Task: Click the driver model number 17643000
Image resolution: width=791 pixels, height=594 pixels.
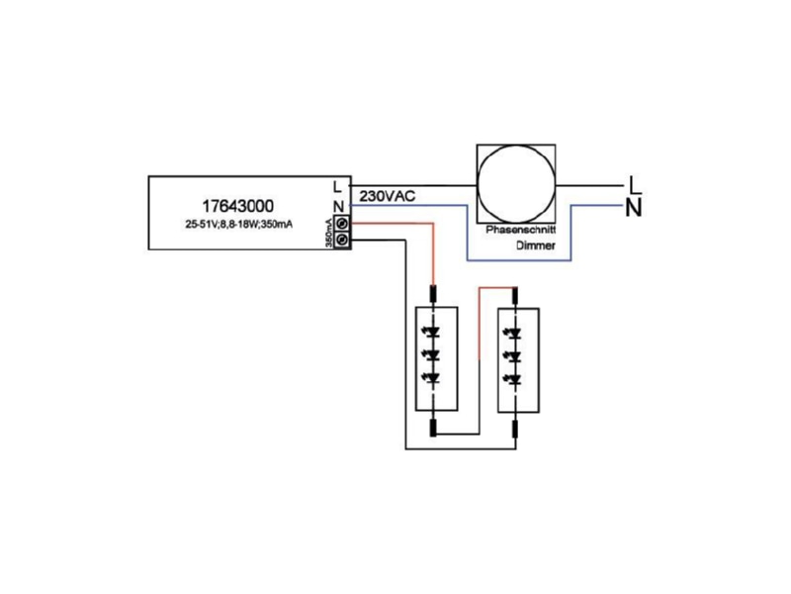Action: tap(238, 206)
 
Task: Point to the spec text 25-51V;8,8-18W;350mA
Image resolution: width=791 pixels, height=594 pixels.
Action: tap(238, 225)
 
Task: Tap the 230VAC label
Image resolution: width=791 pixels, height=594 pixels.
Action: tap(388, 196)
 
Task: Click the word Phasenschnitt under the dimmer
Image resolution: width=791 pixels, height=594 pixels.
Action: tap(521, 230)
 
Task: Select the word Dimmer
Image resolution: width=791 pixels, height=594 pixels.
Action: tap(536, 246)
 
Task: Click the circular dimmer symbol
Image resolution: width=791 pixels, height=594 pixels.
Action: tap(516, 184)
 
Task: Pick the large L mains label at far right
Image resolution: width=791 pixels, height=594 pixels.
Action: tap(636, 185)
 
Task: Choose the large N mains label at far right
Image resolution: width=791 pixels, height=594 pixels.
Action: tap(634, 208)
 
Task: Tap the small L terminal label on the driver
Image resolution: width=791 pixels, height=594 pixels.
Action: tap(337, 187)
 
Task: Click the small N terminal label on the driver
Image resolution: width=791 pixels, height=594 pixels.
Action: tap(338, 207)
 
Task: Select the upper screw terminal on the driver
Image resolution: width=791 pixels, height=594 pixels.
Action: tap(342, 224)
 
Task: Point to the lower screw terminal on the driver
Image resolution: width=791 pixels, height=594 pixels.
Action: tap(342, 240)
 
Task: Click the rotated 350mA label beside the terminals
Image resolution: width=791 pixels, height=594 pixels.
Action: tap(328, 233)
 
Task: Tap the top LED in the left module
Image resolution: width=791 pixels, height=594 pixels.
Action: tap(432, 333)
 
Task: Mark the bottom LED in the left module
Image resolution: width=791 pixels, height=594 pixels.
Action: tap(432, 378)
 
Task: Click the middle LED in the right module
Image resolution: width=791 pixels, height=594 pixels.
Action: tap(514, 356)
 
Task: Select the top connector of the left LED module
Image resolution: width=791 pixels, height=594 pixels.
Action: tap(433, 293)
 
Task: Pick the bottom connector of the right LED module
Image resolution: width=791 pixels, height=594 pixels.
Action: tap(515, 430)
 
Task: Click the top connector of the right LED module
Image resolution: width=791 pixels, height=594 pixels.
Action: tap(515, 294)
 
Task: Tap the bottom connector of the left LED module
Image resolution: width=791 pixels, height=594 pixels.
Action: tap(433, 428)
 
